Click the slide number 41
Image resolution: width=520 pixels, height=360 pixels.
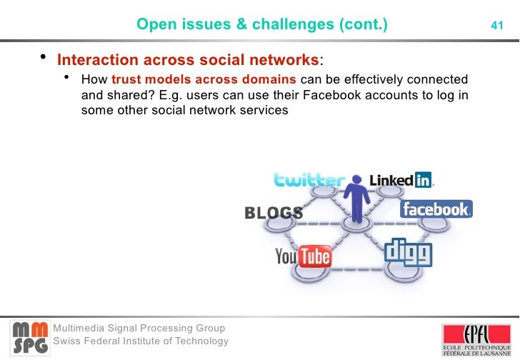497,26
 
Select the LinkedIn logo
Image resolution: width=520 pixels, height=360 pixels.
401,180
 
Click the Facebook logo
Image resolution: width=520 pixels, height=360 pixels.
436,209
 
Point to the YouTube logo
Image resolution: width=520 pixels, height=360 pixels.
303,256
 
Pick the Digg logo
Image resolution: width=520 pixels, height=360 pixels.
409,251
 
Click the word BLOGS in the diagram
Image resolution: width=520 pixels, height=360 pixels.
274,213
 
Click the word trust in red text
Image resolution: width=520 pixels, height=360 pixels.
126,79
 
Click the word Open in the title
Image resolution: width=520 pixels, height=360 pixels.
152,26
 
